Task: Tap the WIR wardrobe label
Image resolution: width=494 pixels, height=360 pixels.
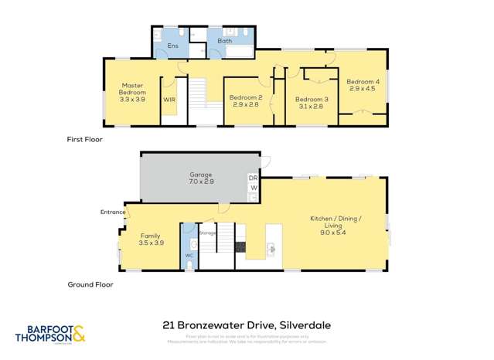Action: [x=169, y=100]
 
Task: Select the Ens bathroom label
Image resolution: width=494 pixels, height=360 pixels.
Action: [x=172, y=46]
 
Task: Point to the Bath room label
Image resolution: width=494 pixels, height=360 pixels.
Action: [x=224, y=41]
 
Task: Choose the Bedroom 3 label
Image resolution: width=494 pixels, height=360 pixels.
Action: [x=312, y=99]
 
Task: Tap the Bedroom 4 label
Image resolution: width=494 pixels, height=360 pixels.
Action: [x=363, y=82]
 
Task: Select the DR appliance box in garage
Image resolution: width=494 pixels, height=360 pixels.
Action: [x=253, y=178]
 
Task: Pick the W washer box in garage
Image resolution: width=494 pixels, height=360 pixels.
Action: [x=253, y=188]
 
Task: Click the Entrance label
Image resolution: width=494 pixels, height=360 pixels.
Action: [x=112, y=212]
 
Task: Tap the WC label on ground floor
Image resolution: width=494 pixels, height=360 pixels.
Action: [x=188, y=255]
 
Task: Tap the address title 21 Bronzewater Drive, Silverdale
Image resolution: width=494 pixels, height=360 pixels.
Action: [x=247, y=325]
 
